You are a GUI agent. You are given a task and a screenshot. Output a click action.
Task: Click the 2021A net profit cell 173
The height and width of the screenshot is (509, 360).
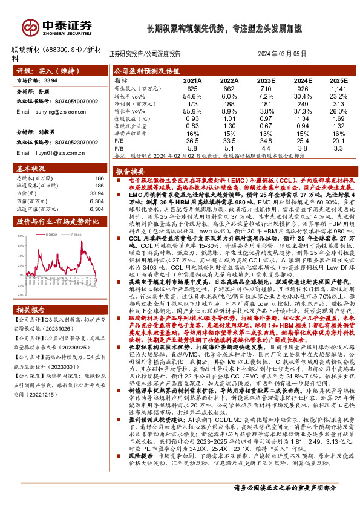pos(192,105)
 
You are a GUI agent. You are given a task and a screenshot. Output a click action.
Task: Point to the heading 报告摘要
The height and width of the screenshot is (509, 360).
pos(128,172)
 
